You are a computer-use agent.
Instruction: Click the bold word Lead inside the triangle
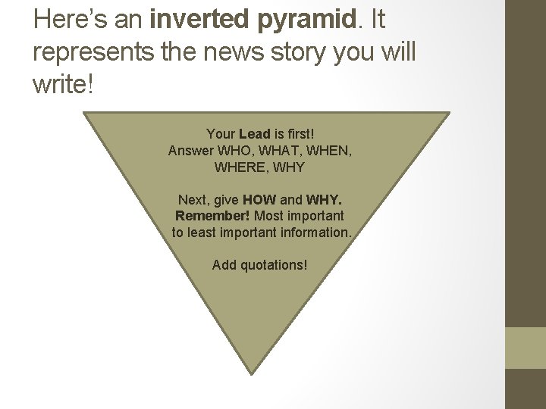click(x=253, y=135)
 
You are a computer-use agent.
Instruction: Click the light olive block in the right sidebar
click(x=525, y=348)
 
